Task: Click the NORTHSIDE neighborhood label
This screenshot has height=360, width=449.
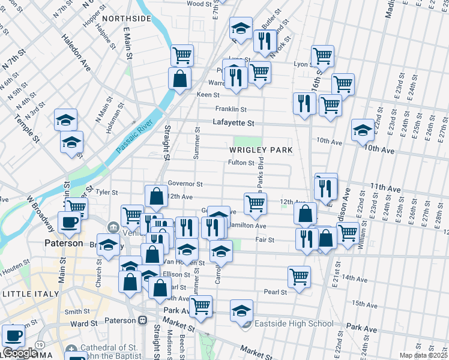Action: (128, 19)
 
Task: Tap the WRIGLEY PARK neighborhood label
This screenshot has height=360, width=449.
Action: (261, 149)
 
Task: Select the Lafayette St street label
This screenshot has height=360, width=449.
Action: (234, 123)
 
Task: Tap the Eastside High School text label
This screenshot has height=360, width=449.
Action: (293, 324)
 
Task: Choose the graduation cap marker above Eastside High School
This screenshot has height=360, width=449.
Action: (241, 310)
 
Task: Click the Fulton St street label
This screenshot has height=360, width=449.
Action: (242, 163)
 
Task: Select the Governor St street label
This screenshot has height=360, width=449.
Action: (185, 184)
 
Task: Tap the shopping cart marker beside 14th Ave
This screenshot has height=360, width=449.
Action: (299, 277)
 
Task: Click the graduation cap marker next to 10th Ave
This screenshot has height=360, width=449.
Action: (363, 130)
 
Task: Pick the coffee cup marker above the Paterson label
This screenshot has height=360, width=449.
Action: (68, 222)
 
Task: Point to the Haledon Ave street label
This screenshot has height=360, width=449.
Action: (75, 52)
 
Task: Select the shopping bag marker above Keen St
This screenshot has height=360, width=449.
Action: (179, 78)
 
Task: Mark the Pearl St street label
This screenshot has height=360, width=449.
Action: (275, 292)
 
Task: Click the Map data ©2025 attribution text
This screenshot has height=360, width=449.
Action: (423, 355)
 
